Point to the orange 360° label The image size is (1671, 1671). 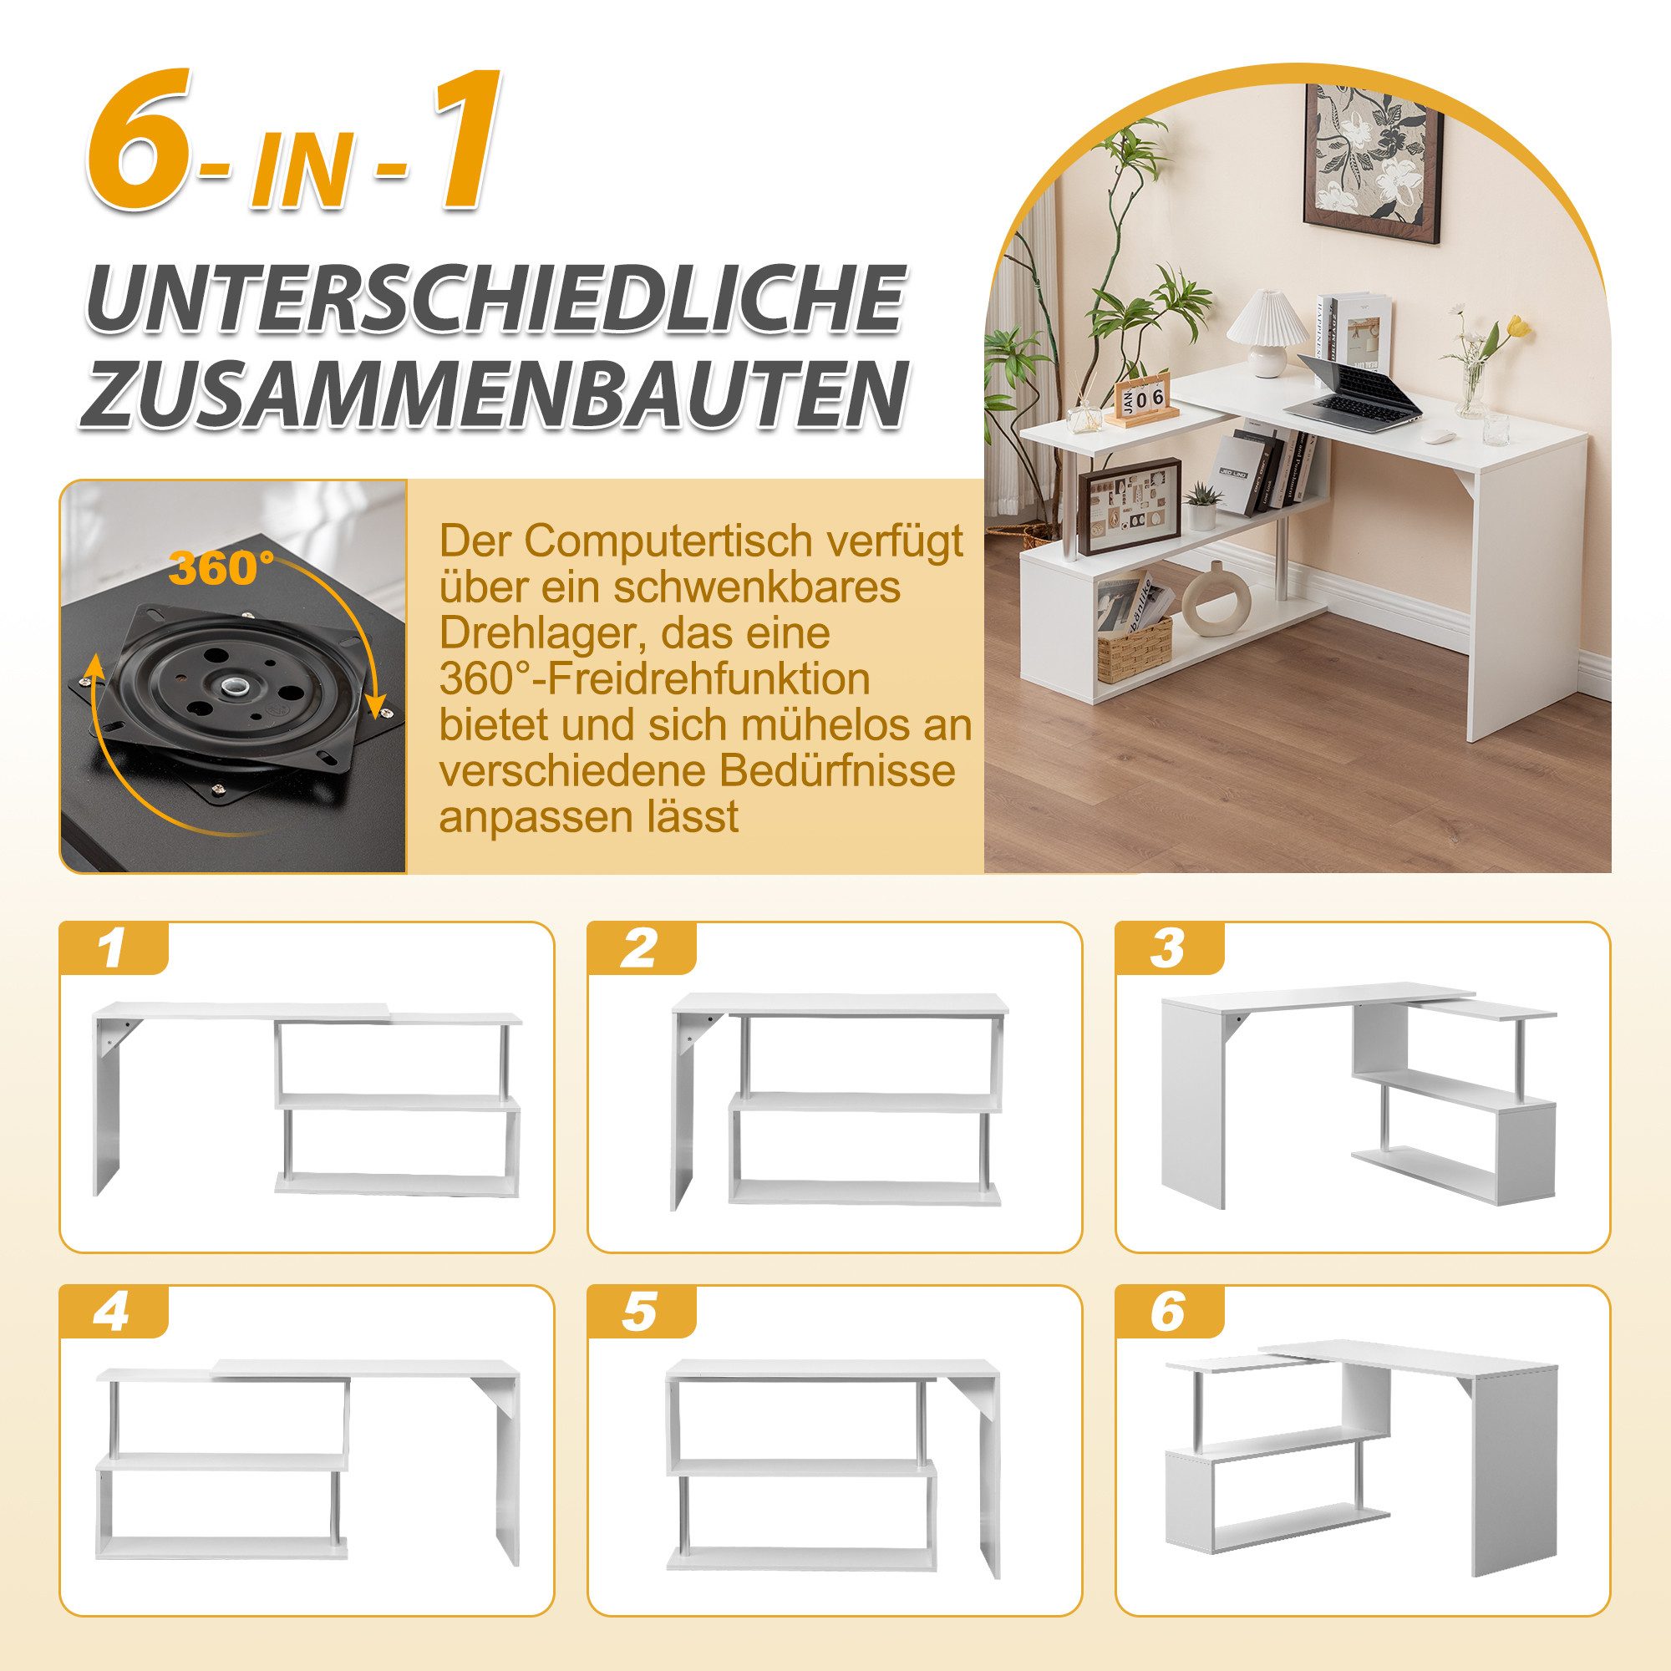[221, 568]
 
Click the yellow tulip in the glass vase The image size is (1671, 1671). [1518, 327]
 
